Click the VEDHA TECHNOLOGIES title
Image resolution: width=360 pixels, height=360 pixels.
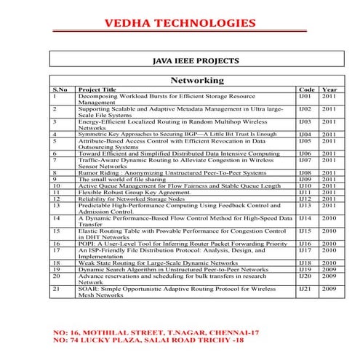[x=180, y=24]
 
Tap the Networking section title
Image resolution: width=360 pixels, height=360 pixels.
[x=196, y=80]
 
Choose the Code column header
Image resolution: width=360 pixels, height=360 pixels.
[x=306, y=89]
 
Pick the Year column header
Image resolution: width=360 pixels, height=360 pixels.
[x=329, y=89]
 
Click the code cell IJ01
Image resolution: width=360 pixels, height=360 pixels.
[x=305, y=96]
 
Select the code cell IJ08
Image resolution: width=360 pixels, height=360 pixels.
[x=305, y=172]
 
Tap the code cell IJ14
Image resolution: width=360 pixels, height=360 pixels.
[x=305, y=217]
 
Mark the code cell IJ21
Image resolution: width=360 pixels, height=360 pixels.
[x=305, y=289]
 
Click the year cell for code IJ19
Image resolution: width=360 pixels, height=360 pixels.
[x=329, y=268]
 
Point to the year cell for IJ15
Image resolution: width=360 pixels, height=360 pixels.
[x=329, y=231]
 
